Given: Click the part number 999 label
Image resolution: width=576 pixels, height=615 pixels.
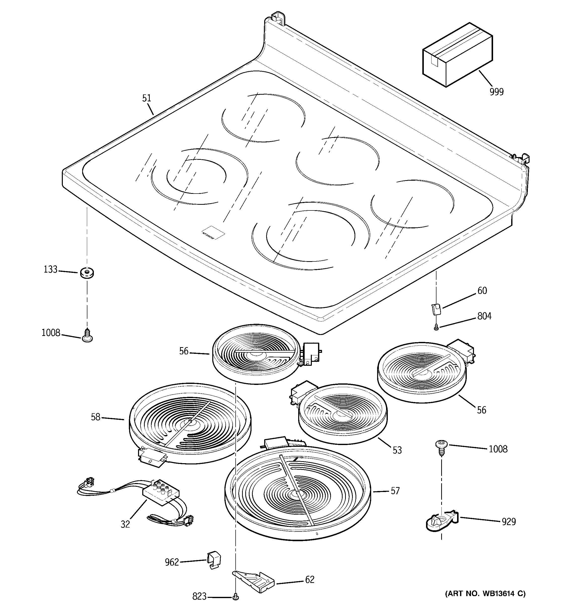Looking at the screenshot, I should coord(497,92).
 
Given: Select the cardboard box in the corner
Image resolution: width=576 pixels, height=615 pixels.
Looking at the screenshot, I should coord(457,55).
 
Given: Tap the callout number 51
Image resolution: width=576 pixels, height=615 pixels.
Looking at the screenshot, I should coord(146,98).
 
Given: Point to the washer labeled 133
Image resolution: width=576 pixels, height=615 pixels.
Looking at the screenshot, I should coord(87,273).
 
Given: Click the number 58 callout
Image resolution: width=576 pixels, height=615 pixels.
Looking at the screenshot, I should coord(96,417).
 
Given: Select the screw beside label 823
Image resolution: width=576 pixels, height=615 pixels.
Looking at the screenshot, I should coord(236,597).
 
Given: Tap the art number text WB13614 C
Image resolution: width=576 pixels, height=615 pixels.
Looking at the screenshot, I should coord(485,594).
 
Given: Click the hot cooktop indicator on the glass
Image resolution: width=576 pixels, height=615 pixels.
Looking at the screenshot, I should coord(213,232).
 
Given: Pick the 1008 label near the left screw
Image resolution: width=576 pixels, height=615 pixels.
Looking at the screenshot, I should coord(51,333).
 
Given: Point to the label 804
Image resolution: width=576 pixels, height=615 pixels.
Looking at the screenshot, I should coord(484,316).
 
